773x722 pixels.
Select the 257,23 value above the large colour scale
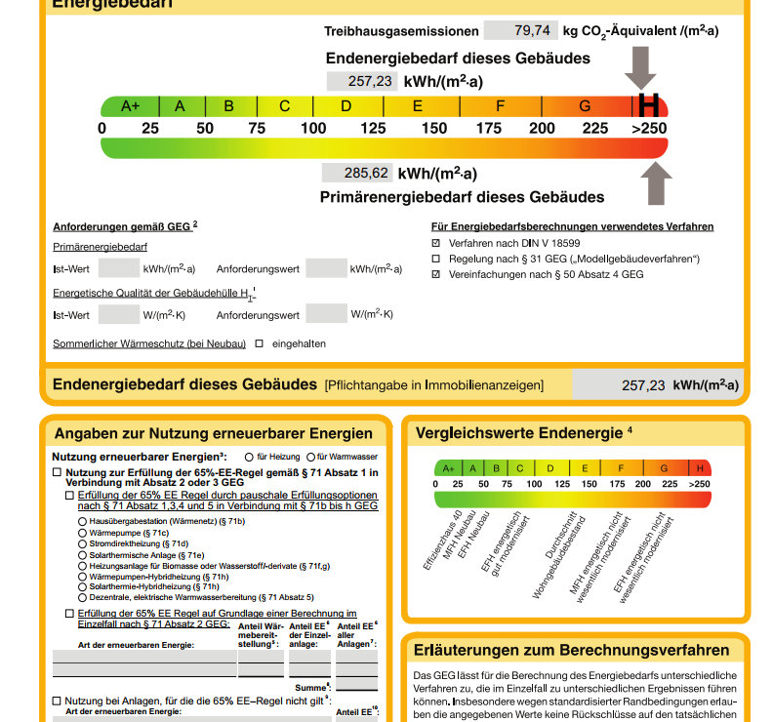(x=362, y=81)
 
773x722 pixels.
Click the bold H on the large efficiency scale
(x=648, y=106)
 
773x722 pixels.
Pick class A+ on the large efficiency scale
(x=131, y=106)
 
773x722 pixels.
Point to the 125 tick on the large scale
(x=373, y=129)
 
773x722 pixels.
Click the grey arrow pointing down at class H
(x=641, y=67)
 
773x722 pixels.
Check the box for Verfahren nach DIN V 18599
(x=436, y=242)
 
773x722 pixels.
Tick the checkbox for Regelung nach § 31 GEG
(x=436, y=259)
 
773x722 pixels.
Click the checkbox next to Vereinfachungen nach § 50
(x=436, y=275)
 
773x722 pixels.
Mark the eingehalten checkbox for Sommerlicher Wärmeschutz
(x=260, y=343)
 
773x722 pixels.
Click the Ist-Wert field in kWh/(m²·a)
(x=119, y=268)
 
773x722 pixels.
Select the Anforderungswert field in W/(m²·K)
(x=326, y=314)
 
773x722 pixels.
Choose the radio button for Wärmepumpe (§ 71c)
(x=82, y=534)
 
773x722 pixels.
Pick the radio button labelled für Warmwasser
(x=311, y=457)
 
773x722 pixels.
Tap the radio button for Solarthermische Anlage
(x=82, y=555)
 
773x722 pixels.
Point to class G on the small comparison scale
(x=664, y=468)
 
